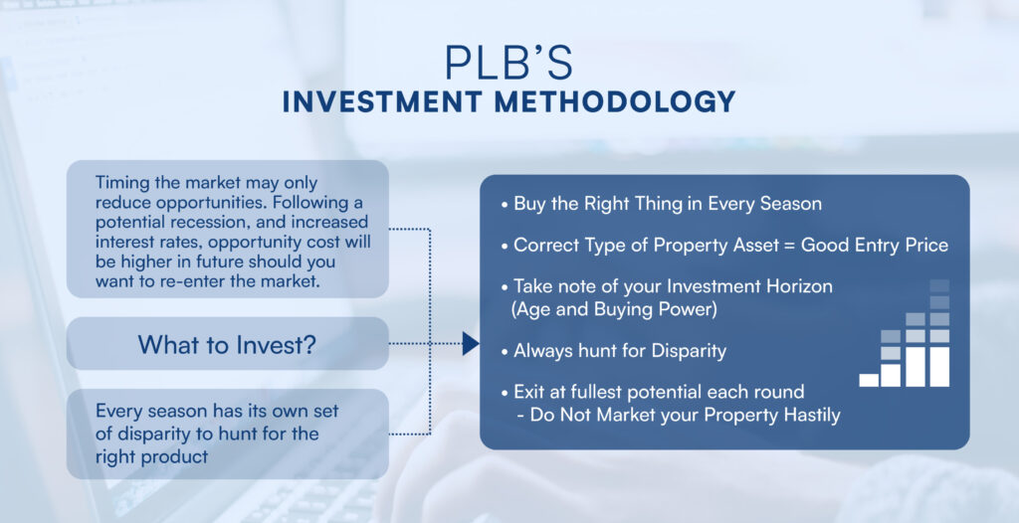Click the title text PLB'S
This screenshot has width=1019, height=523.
pos(509,63)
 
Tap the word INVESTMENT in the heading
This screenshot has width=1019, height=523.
pos(383,102)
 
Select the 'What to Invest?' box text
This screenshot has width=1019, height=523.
pos(227,344)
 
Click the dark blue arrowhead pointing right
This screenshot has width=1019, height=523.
pos(471,344)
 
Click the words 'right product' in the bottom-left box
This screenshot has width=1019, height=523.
pos(151,456)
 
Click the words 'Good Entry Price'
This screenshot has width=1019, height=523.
pos(875,246)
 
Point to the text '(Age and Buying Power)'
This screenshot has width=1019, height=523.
pos(615,310)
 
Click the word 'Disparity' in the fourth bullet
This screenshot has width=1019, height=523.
pos(689,351)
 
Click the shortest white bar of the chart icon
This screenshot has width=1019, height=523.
pos(868,380)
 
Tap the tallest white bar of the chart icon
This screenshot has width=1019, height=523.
pos(939,367)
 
